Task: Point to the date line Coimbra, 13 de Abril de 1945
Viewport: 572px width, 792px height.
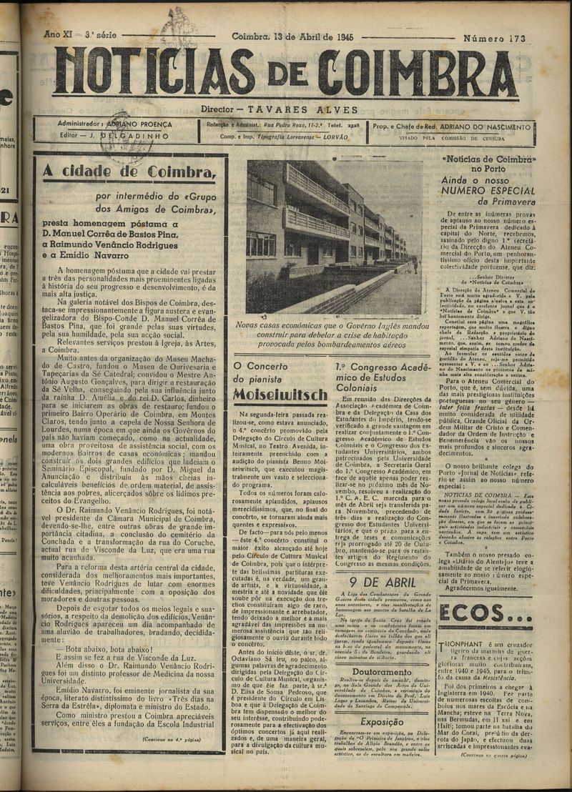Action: coord(294,36)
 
